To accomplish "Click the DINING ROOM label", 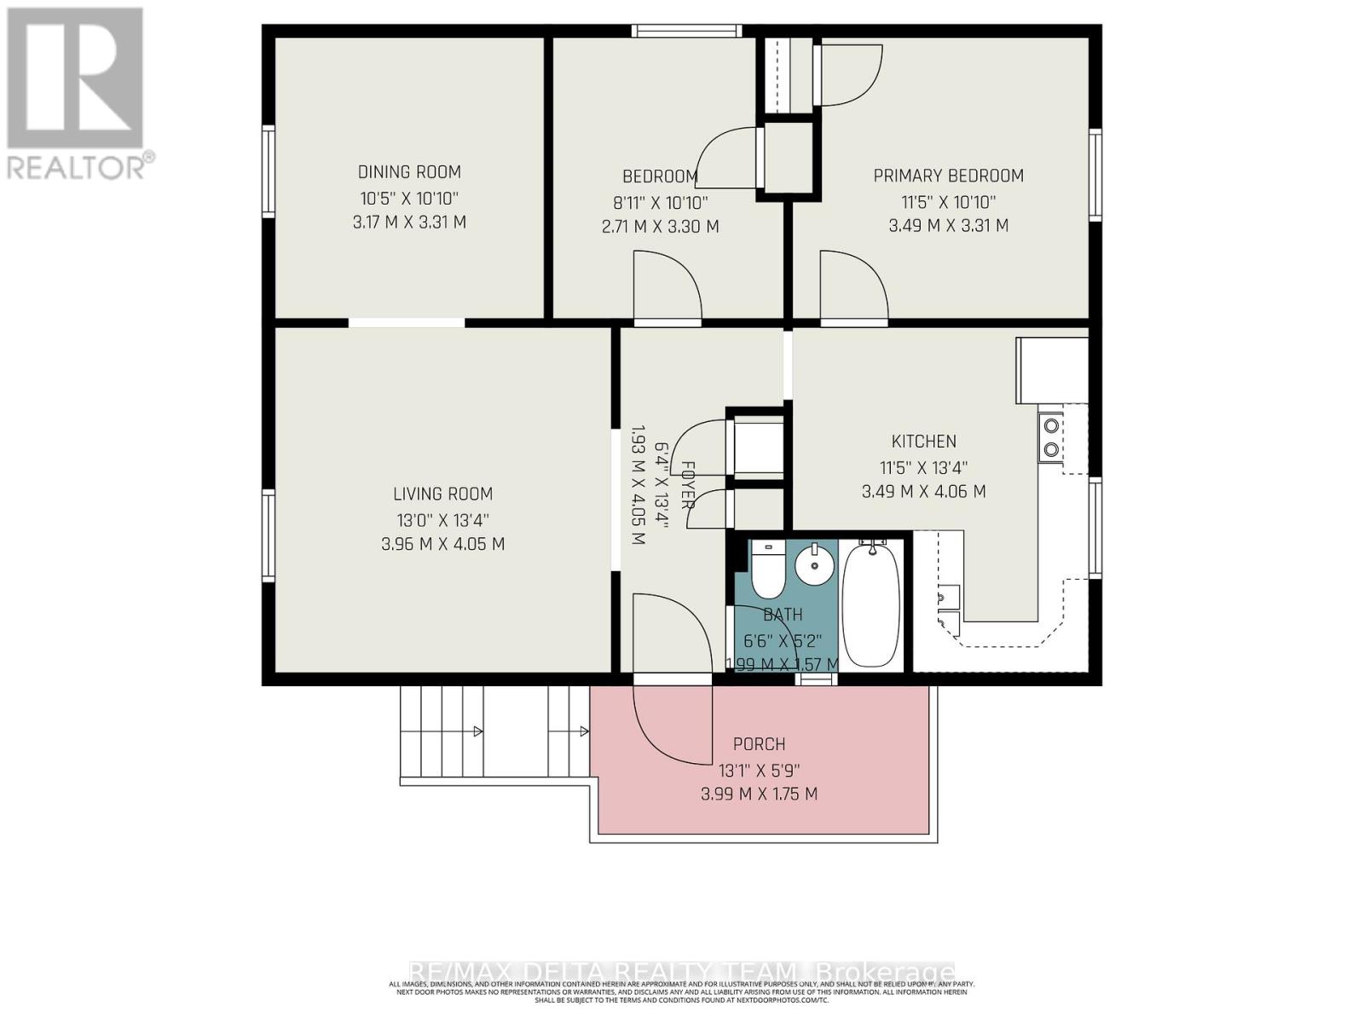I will click(x=409, y=172).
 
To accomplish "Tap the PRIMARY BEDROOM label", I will click(x=948, y=176).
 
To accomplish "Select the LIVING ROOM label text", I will click(x=442, y=494).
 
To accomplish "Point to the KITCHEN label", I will click(x=923, y=442).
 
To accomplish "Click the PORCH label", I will click(x=759, y=744).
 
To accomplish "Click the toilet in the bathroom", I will click(x=768, y=569).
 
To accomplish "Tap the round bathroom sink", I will click(x=817, y=563).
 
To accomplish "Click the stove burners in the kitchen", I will click(x=1051, y=436).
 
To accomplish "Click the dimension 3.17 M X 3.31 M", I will click(x=409, y=223).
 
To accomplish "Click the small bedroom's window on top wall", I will click(x=686, y=32).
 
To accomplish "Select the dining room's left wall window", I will click(x=269, y=170).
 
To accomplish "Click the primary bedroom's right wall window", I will click(x=1095, y=175).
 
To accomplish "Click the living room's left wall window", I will click(x=269, y=535).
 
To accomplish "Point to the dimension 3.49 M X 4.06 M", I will click(x=923, y=492).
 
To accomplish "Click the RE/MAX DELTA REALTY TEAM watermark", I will click(x=682, y=972).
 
